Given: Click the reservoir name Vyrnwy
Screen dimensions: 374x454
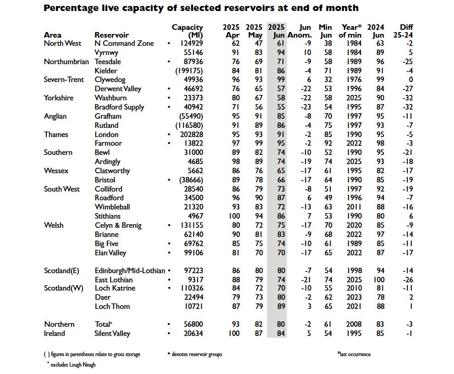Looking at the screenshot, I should (106, 53).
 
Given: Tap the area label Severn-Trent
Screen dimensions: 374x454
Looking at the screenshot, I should (64, 80).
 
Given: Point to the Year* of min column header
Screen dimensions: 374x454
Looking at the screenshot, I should (351, 31).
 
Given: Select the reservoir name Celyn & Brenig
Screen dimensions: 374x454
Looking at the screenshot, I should (118, 225).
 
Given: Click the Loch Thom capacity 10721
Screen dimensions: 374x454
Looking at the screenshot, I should (192, 307).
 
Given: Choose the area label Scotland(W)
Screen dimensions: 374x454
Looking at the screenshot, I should (64, 288).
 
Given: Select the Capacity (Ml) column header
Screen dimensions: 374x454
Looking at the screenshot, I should (187, 31).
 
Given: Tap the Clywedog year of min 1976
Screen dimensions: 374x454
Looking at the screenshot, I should (351, 80).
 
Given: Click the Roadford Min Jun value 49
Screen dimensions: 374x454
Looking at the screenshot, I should (327, 198).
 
